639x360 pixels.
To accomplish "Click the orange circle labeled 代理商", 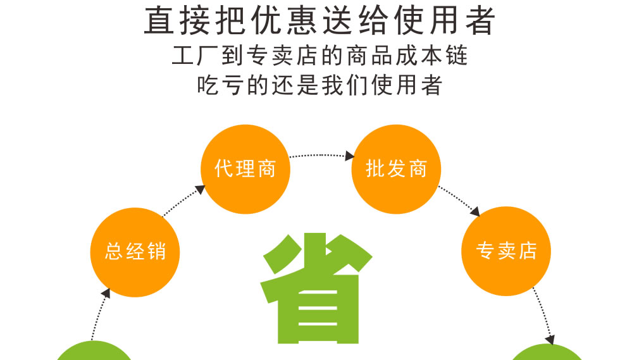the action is (x=245, y=169).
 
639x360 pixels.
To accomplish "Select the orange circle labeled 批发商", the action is (x=396, y=169).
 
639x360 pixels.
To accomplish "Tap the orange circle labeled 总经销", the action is (x=135, y=252).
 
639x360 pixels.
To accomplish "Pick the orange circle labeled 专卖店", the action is (x=506, y=251).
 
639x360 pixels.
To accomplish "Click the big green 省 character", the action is (x=316, y=288).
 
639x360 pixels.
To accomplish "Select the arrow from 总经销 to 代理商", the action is (x=183, y=201).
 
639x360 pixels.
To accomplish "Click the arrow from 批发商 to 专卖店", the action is (x=459, y=201).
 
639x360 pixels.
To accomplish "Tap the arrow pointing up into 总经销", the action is (x=100, y=314).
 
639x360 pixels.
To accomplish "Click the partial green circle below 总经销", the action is (x=94, y=351).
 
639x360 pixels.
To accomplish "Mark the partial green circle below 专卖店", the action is (x=548, y=352).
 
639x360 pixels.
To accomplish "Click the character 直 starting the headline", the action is (x=159, y=20).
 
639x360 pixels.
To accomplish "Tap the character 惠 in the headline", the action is (x=302, y=20).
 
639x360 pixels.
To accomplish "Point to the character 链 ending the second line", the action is (x=456, y=56).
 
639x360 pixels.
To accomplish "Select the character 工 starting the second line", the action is (x=182, y=56).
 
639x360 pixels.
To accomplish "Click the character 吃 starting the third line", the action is (x=208, y=85).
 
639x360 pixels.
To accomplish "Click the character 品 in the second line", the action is (x=382, y=56).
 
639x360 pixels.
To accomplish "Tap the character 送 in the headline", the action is (x=338, y=20).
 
